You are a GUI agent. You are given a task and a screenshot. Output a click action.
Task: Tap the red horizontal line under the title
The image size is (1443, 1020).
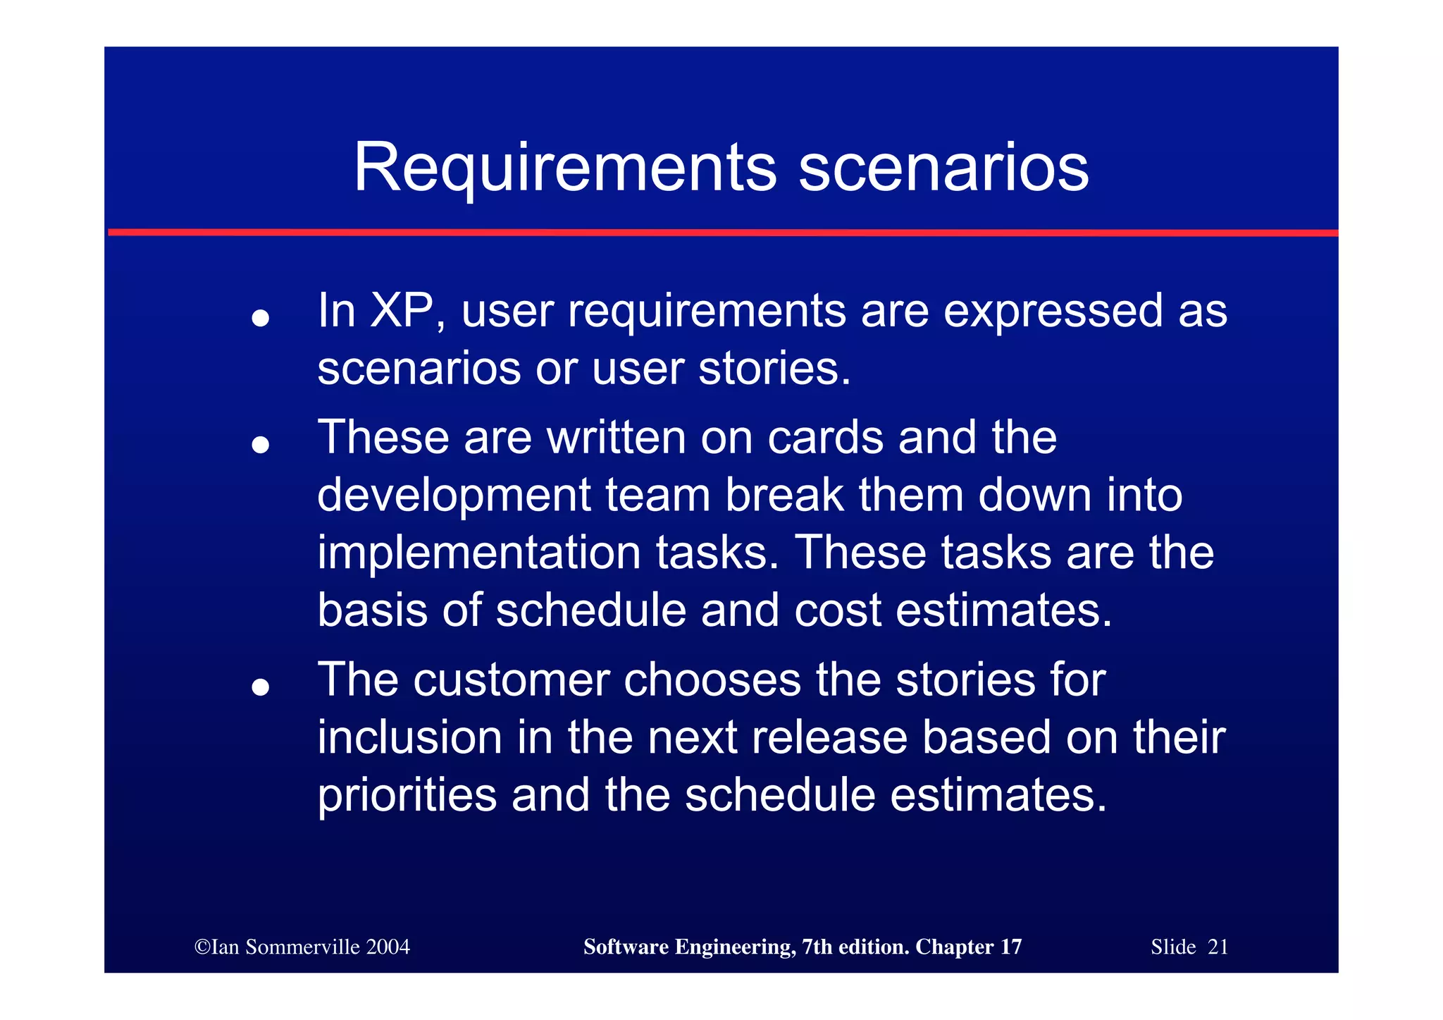[721, 232]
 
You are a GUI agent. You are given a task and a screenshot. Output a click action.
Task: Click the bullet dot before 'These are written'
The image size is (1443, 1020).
[261, 445]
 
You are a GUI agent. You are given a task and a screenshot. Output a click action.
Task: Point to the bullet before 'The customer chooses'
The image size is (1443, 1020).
[261, 687]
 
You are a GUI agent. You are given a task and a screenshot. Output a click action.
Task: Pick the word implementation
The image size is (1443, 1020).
[478, 553]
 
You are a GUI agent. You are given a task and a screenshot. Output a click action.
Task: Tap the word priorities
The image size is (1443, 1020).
[407, 795]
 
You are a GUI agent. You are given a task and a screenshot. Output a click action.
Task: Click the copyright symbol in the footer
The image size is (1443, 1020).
[202, 947]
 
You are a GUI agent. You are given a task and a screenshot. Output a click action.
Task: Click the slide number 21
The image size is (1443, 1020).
[1218, 947]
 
